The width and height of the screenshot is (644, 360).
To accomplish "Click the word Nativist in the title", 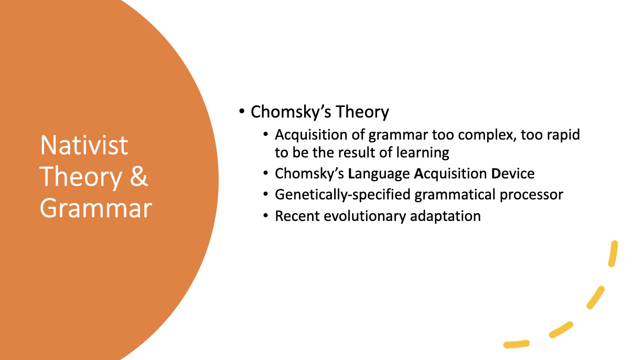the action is point(84,145).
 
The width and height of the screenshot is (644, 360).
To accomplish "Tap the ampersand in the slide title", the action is point(138,176).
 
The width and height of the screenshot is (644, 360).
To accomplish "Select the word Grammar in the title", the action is point(96,208).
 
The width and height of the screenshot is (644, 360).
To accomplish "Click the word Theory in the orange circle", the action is point(81,177).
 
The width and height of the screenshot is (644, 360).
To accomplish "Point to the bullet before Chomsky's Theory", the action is point(242,111).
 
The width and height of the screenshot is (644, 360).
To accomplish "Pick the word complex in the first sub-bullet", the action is point(486,135).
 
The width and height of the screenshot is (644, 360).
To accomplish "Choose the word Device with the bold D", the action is point(512,174).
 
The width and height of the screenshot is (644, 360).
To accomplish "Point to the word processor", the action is point(531,195).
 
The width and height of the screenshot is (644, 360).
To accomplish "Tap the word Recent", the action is point(297,216).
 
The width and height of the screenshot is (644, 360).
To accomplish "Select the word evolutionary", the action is point(365,216).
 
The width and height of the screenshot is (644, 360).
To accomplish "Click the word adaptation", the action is point(445,216).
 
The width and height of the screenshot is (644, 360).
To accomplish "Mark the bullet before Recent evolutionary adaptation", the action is point(266,216).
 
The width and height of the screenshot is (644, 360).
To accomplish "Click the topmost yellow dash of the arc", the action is point(613,253).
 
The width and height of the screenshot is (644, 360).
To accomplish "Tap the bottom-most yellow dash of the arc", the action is point(517,344).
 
